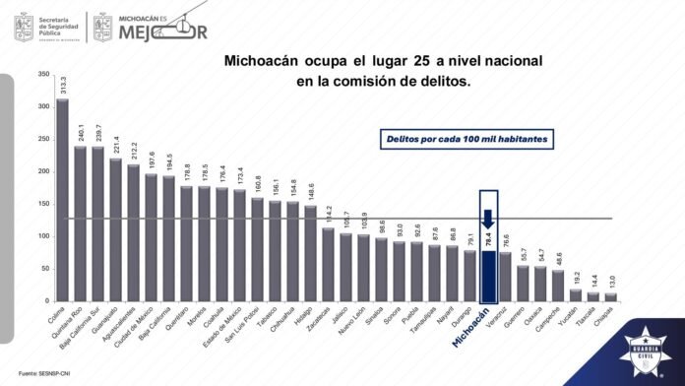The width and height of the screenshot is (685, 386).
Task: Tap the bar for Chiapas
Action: pos(611,296)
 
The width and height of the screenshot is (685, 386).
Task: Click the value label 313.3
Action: pos(62,86)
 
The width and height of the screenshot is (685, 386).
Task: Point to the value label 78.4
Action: pos(488,239)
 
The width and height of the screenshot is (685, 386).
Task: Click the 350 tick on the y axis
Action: pos(42,74)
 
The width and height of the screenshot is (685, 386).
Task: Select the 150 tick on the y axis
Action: pos(42,204)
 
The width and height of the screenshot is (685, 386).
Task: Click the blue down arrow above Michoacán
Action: pos(488,218)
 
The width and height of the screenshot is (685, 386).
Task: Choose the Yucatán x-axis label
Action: pos(568,318)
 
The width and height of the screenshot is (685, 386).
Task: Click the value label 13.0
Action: pos(611,281)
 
